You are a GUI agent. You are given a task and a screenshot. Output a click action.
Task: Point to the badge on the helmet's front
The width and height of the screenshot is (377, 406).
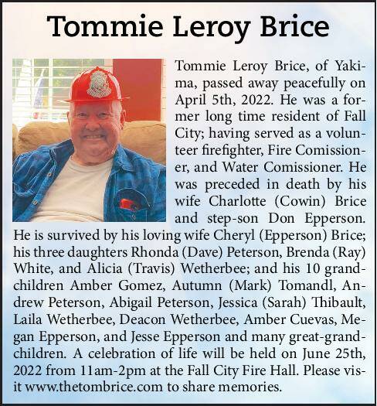[x=99, y=84]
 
